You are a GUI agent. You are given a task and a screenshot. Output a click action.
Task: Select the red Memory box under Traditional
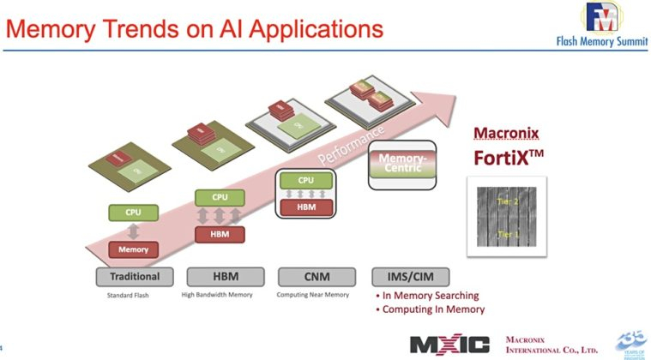coord(134,249)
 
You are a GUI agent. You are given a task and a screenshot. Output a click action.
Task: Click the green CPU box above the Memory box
coord(134,210)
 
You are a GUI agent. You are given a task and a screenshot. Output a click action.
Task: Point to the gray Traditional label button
coord(134,276)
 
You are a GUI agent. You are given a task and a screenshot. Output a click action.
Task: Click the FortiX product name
coord(514,159)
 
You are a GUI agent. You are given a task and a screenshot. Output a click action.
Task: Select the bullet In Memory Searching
coord(430,296)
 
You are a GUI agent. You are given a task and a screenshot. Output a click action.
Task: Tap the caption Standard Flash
coord(134,295)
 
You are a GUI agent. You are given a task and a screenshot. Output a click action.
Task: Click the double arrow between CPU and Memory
coord(134,230)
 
